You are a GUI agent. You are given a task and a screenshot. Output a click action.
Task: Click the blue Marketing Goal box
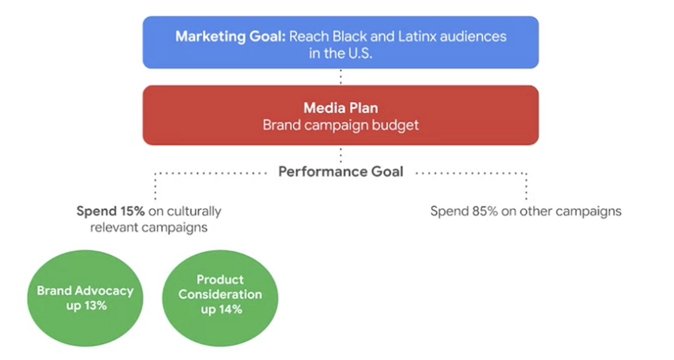pyautogui.click(x=341, y=42)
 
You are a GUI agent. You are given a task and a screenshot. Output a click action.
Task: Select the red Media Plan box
pyautogui.click(x=341, y=115)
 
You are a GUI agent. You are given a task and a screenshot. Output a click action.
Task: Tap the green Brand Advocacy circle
pyautogui.click(x=85, y=298)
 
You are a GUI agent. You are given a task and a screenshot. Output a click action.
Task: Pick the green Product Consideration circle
pyautogui.click(x=220, y=298)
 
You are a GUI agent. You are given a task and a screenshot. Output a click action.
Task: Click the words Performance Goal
pyautogui.click(x=341, y=172)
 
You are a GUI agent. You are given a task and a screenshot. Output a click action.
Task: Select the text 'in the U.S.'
pyautogui.click(x=341, y=54)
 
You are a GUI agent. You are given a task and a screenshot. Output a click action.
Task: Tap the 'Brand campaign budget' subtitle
pyautogui.click(x=341, y=125)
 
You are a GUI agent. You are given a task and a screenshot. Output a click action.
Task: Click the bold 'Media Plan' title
pyautogui.click(x=341, y=108)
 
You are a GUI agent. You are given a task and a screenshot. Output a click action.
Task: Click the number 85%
pyautogui.click(x=479, y=211)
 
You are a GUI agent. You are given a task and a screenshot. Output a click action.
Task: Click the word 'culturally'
pyautogui.click(x=194, y=212)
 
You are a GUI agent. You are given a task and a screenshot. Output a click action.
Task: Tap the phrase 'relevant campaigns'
pyautogui.click(x=149, y=228)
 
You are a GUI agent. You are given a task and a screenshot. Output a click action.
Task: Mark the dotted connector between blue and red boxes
pyautogui.click(x=341, y=77)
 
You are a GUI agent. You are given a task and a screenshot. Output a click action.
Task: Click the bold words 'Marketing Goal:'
pyautogui.click(x=231, y=36)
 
